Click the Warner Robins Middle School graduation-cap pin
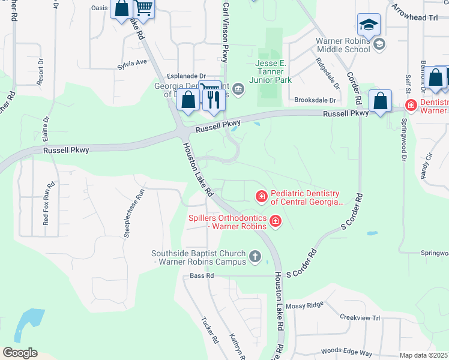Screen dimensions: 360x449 [369, 25]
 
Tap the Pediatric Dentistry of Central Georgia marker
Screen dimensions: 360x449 [261, 196]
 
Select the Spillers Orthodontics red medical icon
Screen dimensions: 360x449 [276, 222]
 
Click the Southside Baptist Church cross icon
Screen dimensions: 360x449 [255, 257]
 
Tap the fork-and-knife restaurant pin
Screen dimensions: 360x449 [211, 98]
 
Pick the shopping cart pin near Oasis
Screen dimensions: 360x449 [143, 9]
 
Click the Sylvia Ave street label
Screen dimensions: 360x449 [132, 62]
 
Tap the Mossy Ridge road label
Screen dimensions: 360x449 [304, 306]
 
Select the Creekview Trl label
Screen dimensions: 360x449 [360, 317]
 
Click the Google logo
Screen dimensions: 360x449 [20, 353]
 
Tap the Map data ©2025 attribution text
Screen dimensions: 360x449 [423, 355]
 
